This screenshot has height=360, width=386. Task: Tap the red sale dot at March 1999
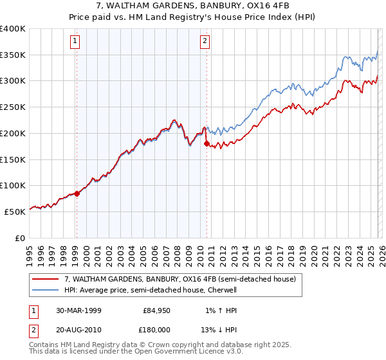(x=77, y=193)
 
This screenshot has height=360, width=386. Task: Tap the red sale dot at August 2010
(x=207, y=143)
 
